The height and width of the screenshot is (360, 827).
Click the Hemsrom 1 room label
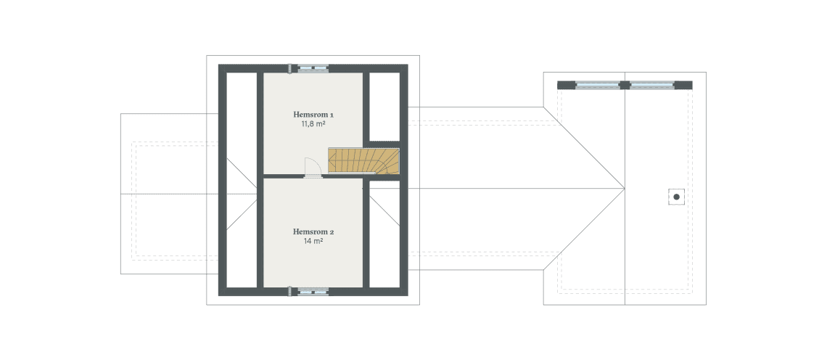[313, 115]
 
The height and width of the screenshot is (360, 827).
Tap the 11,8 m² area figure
[313, 124]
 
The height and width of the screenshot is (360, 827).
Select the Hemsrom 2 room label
[313, 232]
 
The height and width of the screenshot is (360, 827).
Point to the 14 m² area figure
[313, 241]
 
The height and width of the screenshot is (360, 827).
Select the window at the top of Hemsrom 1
[313, 69]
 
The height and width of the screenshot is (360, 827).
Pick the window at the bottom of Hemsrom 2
[313, 292]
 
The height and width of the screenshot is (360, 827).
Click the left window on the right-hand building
[598, 85]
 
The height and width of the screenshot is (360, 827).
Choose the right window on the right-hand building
[652, 85]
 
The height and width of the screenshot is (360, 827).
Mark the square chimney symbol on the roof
[676, 196]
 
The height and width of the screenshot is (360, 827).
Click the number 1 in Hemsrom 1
[331, 115]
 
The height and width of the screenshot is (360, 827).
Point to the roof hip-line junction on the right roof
[624, 189]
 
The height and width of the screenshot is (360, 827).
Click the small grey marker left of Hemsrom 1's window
[290, 69]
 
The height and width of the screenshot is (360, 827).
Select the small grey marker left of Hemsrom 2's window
[290, 292]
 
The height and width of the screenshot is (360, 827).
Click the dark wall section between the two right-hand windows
[625, 85]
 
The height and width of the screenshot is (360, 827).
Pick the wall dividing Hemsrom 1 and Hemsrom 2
[283, 176]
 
